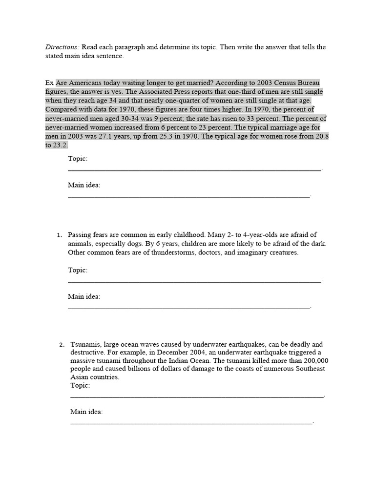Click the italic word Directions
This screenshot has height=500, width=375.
[x=62, y=47]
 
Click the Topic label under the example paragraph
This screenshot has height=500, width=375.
[x=78, y=159]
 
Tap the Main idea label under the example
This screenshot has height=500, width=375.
[x=84, y=186]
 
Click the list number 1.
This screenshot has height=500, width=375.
[x=60, y=235]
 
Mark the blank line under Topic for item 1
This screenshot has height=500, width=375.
[x=194, y=281]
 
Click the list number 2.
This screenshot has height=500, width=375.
[x=62, y=345]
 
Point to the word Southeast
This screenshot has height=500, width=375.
[x=308, y=369]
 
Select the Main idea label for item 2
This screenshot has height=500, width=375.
[x=86, y=412]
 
